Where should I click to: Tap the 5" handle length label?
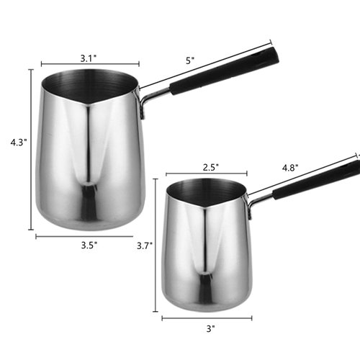190,61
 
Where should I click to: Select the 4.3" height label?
18,143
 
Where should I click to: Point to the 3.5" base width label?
89,245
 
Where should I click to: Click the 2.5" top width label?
211,166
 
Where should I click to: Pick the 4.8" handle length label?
290,167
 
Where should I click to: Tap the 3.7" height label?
145,245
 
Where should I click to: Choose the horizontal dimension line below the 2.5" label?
207,174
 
